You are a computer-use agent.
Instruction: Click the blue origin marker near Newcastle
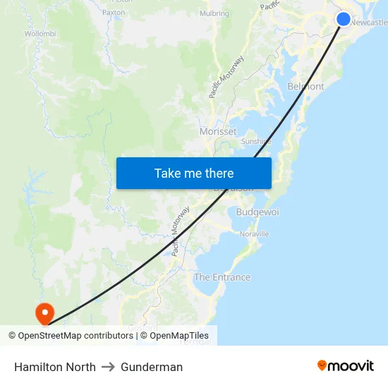pos(343,19)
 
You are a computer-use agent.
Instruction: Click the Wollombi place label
pos(40,33)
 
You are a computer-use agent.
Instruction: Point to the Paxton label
pos(114,13)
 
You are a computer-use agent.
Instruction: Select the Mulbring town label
pos(214,13)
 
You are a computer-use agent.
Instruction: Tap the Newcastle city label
pos(368,23)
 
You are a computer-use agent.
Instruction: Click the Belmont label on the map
pos(305,87)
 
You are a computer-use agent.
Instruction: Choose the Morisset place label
pos(218,132)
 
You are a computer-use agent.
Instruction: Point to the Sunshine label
pos(256,141)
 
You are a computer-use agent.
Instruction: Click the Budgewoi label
pos(257,212)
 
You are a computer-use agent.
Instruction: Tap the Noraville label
pos(254,234)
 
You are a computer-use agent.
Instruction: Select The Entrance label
pos(222,277)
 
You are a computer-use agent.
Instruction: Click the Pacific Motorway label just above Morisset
pos(226,77)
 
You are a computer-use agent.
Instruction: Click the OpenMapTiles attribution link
pos(179,336)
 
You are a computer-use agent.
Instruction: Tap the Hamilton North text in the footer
pos(55,367)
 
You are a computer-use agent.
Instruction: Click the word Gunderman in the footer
pos(152,367)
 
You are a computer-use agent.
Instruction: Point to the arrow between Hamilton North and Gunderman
pos(108,367)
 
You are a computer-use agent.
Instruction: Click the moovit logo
pos(346,365)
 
